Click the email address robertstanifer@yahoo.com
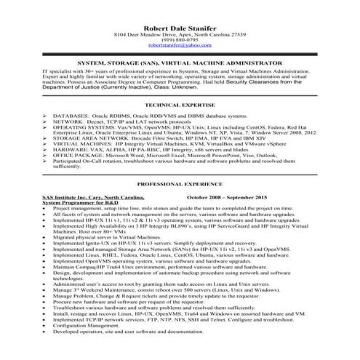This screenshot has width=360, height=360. pos(180,45)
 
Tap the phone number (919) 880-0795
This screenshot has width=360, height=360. pos(180,39)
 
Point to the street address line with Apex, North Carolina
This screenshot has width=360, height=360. pos(180,33)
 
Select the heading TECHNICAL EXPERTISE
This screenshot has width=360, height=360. pos(180,105)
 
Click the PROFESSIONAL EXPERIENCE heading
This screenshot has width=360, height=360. pos(180,185)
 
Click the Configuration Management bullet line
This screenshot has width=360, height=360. pos(87,345)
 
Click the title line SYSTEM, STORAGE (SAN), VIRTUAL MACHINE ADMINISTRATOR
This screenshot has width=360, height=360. pos(180,63)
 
